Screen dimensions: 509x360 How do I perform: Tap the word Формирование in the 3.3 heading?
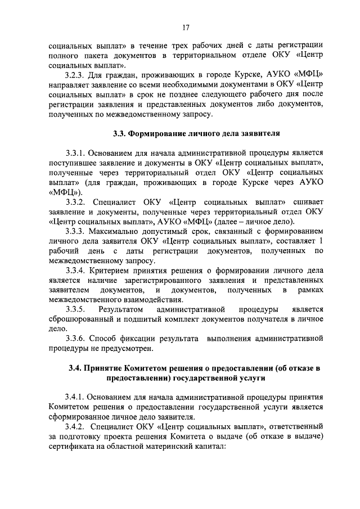coord(154,134)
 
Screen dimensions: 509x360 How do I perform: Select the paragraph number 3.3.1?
coord(77,153)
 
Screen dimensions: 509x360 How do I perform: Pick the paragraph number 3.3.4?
coord(77,270)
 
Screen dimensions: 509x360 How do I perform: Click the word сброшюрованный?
coord(82,319)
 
